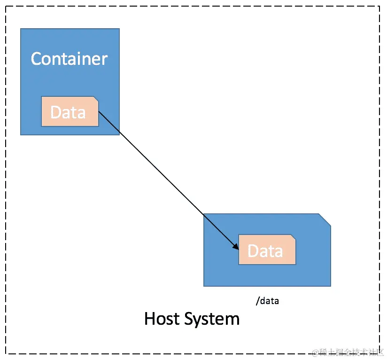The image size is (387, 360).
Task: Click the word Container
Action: pos(69,59)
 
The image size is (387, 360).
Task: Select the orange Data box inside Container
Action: pos(70,111)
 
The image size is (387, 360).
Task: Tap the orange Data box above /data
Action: pos(267,250)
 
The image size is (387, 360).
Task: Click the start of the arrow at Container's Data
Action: pos(99,112)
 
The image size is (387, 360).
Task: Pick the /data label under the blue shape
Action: pos(267,301)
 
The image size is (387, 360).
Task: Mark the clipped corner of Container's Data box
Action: pos(96,99)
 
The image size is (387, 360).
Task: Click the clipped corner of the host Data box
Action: pos(294,237)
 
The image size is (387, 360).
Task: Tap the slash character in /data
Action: pos(257,301)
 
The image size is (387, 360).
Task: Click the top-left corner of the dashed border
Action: pos(6,7)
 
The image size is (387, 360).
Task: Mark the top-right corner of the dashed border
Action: pos(379,7)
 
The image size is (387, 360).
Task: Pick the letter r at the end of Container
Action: pos(105,60)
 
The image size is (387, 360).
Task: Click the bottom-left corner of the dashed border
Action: pos(6,353)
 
